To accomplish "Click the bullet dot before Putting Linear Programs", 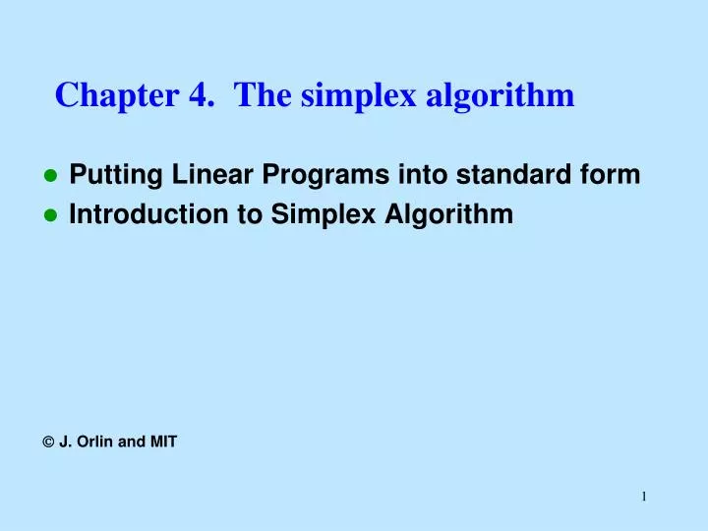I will [x=51, y=177].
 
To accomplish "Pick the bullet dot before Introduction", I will [x=51, y=216].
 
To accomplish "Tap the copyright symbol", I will [x=49, y=442].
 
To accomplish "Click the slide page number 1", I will [x=644, y=497].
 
